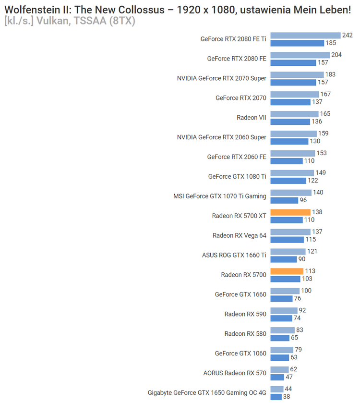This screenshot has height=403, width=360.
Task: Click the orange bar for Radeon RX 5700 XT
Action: click(x=290, y=212)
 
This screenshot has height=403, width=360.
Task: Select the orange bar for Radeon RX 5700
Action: click(x=287, y=271)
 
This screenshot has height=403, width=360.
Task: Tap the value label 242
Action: click(x=348, y=35)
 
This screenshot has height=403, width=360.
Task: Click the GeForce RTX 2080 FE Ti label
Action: click(x=233, y=39)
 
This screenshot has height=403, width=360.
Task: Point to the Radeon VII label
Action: click(x=252, y=118)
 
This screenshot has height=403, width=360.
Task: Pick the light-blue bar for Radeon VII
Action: click(x=294, y=114)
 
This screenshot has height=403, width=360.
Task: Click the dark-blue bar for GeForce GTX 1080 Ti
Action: click(x=288, y=181)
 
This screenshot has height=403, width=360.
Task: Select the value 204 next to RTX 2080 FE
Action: click(x=336, y=55)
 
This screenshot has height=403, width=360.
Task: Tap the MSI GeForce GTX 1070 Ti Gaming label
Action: click(x=220, y=196)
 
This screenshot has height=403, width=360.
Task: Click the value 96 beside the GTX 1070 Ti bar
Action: click(x=303, y=200)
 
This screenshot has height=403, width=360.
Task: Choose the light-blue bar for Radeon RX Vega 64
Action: click(x=290, y=232)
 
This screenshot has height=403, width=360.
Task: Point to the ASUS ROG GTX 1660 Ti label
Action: click(x=234, y=255)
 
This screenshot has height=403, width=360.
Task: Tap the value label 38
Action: click(x=287, y=397)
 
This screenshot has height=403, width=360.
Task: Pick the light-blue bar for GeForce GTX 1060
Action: click(x=282, y=350)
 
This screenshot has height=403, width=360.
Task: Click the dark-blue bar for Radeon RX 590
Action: click(x=281, y=318)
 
